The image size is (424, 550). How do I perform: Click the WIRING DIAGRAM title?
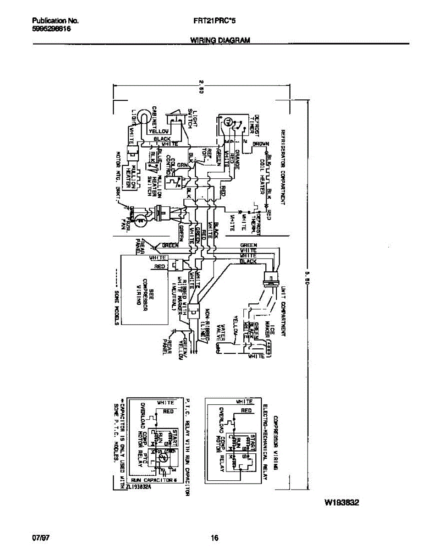click(220, 40)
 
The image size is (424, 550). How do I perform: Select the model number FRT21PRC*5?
click(215, 21)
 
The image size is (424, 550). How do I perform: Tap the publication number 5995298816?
click(51, 28)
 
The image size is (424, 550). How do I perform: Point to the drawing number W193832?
click(341, 502)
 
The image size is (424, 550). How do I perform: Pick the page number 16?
click(214, 538)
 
